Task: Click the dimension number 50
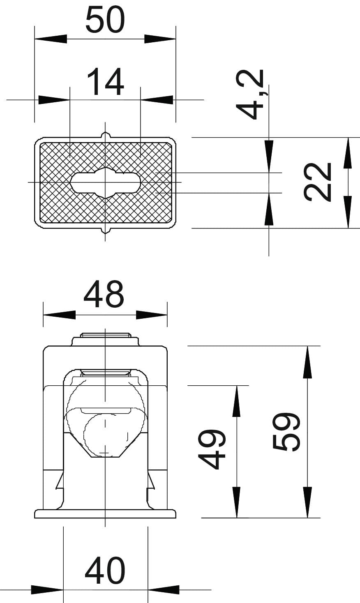pyautogui.click(x=105, y=20)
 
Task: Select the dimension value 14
pyautogui.click(x=106, y=82)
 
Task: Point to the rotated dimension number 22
pyautogui.click(x=317, y=182)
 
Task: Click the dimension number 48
pyautogui.click(x=104, y=294)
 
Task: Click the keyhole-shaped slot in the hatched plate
pyautogui.click(x=105, y=182)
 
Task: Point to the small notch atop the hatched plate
pyautogui.click(x=105, y=135)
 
